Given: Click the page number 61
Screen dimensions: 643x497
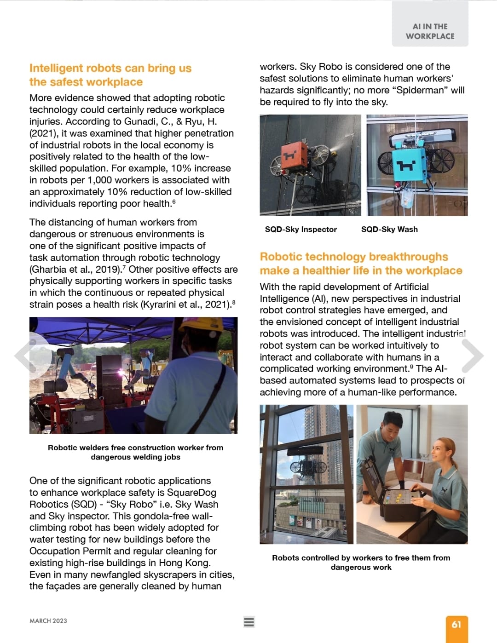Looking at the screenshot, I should [456, 624].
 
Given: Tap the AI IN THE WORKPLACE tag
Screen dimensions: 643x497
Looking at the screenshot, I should [430, 31].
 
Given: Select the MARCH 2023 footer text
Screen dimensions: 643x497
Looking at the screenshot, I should [48, 621].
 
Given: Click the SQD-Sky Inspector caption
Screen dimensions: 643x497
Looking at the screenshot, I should [301, 230].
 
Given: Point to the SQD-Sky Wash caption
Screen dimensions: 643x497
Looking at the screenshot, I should [389, 230].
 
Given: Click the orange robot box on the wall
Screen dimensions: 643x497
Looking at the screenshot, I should [294, 157].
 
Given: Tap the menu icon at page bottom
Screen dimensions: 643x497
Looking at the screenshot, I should [249, 622].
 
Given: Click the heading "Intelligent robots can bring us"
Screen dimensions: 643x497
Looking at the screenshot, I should [110, 68].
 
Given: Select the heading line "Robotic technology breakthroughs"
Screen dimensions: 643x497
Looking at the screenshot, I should [353, 257].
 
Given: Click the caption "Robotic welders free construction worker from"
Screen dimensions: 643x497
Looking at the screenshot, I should [135, 448].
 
